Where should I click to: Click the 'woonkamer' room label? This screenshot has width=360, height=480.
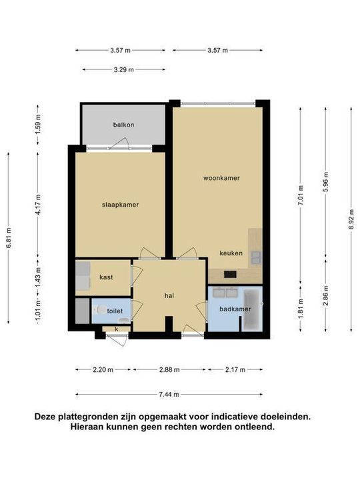point(222,178)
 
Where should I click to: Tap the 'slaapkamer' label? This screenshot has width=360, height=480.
point(121,205)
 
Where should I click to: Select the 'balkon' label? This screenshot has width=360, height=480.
point(123,125)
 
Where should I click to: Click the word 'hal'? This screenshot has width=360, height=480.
point(170,295)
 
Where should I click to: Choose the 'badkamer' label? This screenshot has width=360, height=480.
point(225,309)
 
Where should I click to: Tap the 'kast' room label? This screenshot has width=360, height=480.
point(105,277)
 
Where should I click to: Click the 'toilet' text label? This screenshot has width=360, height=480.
point(115,310)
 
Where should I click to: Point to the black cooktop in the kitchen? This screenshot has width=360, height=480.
point(229,273)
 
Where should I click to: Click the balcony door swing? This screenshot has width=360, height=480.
point(121,142)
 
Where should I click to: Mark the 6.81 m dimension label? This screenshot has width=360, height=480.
point(8,237)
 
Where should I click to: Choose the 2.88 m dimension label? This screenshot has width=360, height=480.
point(169,369)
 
